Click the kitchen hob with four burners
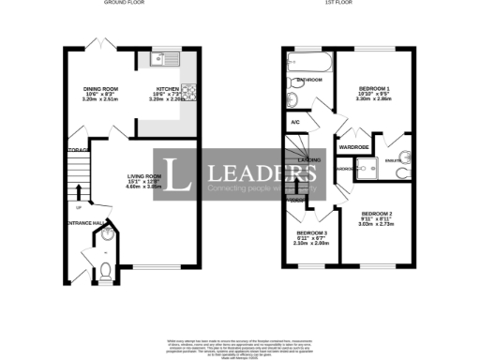[187, 91]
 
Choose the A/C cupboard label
[294, 122]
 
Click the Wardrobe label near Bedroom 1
[353, 147]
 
